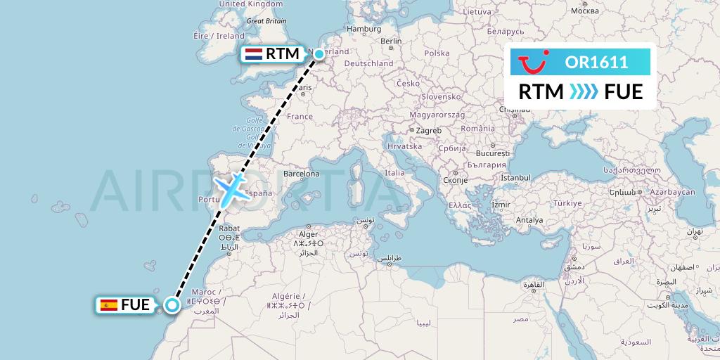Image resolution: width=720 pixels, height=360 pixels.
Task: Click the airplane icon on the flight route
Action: (230, 186)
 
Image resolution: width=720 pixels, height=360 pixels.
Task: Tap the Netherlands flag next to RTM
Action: (253, 54)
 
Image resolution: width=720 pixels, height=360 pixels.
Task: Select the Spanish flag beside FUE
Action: (108, 305)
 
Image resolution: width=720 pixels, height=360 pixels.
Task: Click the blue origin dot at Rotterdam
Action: (319, 54)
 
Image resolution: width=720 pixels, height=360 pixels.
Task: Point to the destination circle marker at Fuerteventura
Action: (172, 304)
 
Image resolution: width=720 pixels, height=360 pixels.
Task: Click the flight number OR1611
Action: (596, 63)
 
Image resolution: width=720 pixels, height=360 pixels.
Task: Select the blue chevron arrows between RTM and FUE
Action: (583, 91)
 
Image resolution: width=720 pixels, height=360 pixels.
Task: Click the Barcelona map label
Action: (302, 173)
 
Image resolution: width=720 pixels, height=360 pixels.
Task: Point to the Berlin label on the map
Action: (390, 41)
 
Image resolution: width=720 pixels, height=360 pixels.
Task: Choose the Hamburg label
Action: (364, 29)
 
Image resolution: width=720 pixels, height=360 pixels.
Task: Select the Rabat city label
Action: (230, 228)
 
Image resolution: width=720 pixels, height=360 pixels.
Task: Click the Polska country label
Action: (437, 53)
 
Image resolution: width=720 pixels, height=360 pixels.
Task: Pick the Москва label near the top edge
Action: (585, 11)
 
